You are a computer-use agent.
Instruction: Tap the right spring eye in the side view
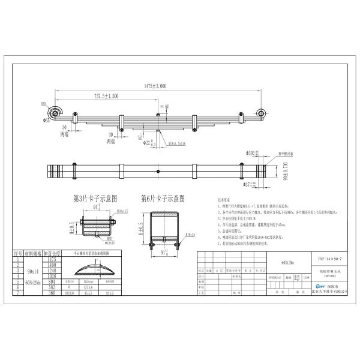[262, 112]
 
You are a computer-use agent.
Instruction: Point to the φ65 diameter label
[46, 120]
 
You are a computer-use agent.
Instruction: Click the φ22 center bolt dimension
[142, 143]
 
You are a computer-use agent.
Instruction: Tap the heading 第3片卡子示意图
[95, 197]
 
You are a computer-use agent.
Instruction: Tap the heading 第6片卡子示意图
[163, 197]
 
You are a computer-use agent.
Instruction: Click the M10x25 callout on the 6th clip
[191, 233]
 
